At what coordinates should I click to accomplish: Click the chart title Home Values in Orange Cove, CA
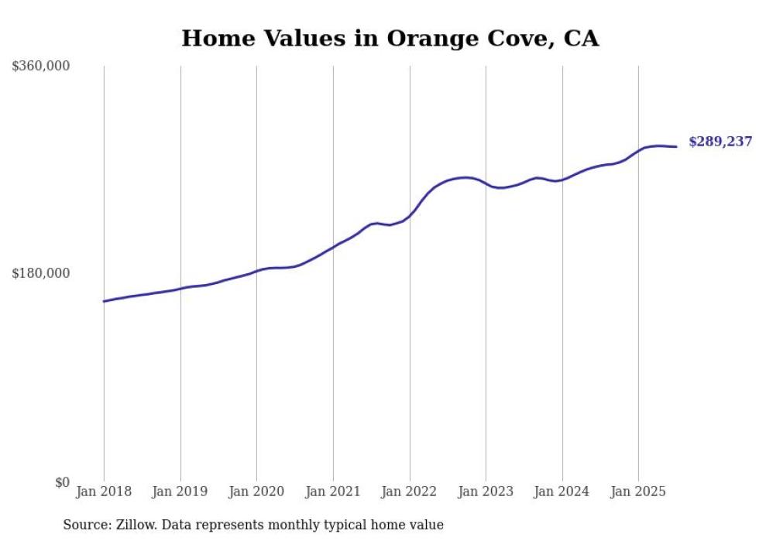pyautogui.click(x=390, y=38)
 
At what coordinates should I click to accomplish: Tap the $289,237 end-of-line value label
pyautogui.click(x=720, y=142)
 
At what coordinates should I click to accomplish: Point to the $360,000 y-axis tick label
pyautogui.click(x=41, y=67)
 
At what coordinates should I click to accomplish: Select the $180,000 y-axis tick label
pyautogui.click(x=41, y=273)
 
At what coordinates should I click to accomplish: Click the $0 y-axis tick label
pyautogui.click(x=62, y=482)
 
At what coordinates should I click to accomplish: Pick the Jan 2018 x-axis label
pyautogui.click(x=104, y=491)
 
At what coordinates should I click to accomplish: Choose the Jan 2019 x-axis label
pyautogui.click(x=180, y=491)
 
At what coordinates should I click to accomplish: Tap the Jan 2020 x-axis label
pyautogui.click(x=256, y=491)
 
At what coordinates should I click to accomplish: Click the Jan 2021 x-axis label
pyautogui.click(x=333, y=491)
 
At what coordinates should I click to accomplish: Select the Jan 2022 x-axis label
pyautogui.click(x=410, y=491)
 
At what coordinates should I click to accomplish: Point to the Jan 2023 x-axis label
pyautogui.click(x=486, y=491)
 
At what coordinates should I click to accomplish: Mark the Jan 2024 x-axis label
pyautogui.click(x=562, y=491)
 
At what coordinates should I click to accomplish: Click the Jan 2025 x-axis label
pyautogui.click(x=638, y=491)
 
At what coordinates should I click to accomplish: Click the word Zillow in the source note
pyautogui.click(x=132, y=525)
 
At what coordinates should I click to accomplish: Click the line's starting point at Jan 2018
pyautogui.click(x=104, y=301)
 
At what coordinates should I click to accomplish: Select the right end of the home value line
pyautogui.click(x=676, y=146)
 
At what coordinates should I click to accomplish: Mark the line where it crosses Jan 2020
pyautogui.click(x=256, y=271)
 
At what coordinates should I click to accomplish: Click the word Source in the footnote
pyautogui.click(x=84, y=525)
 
